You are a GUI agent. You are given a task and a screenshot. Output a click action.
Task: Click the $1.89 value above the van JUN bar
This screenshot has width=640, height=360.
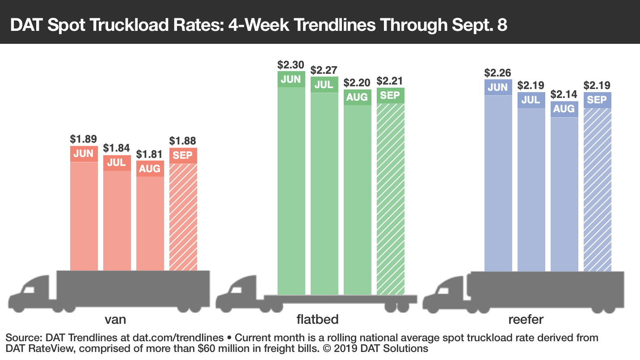(84, 139)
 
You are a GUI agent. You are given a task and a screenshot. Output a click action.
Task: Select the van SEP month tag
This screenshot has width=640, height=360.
(183, 156)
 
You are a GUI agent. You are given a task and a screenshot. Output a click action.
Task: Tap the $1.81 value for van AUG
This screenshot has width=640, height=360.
(150, 154)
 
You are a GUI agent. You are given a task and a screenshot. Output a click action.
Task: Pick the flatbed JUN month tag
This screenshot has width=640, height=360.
(291, 79)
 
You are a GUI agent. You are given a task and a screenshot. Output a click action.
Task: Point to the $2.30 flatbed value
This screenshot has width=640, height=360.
(291, 64)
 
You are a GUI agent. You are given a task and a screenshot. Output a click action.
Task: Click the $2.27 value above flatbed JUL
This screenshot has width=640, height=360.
(324, 70)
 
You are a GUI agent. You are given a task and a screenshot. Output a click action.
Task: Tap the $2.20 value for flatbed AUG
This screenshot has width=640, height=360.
(357, 82)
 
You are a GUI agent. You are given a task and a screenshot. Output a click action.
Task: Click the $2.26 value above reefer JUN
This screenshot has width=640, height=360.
(498, 73)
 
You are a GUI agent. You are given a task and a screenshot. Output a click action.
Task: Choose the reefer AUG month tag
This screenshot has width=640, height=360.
(564, 109)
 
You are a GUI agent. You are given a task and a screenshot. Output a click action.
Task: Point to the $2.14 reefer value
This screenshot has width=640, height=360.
(564, 94)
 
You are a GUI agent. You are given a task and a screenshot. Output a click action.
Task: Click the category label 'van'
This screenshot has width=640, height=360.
(115, 319)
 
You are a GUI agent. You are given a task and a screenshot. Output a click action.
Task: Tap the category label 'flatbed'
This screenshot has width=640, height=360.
(317, 319)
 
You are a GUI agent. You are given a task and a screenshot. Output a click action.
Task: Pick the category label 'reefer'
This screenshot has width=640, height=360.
(526, 319)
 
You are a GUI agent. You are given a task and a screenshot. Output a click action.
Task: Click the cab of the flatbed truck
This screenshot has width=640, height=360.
(239, 295)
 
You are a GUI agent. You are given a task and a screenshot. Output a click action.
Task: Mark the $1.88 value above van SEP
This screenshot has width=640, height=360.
(183, 141)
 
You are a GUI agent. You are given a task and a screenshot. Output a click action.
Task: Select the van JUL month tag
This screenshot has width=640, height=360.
(117, 162)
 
